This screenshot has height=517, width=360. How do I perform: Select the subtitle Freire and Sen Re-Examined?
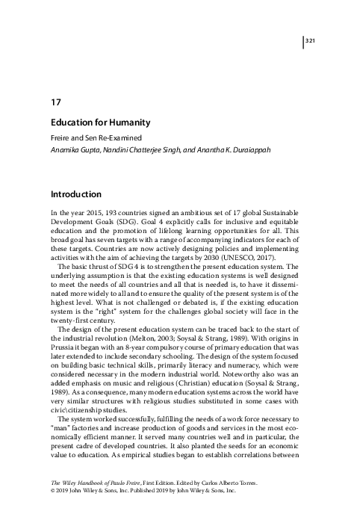pyautogui.click(x=95, y=137)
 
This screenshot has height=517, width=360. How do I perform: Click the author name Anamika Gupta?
pyautogui.click(x=74, y=150)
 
